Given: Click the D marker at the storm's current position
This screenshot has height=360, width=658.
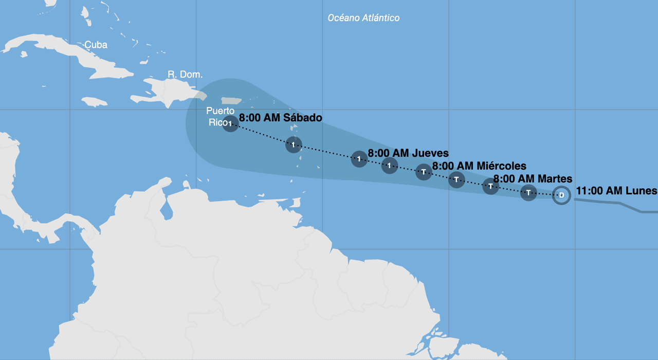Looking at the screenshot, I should point(561,195).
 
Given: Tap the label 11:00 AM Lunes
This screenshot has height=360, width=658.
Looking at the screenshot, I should point(616,191).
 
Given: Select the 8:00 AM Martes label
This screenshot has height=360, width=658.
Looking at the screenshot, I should point(533,179).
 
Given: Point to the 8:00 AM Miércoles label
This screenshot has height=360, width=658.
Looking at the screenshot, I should point(479,166).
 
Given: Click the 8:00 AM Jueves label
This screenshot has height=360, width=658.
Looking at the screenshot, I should point(408,153).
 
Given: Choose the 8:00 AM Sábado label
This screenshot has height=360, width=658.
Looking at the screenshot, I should point(281,118).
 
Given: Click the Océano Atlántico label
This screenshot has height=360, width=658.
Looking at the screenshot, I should point(363,18).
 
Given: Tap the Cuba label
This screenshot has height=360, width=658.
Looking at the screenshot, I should point(96,45).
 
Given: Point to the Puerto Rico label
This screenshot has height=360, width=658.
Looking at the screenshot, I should point(220,116).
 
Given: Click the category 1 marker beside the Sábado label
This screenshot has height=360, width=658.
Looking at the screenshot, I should point(230,123).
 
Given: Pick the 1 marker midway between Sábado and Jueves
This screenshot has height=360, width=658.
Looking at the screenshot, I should point(293,145).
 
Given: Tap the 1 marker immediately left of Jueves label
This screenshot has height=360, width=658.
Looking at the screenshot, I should point(359,159).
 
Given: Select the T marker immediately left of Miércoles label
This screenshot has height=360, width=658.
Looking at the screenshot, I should point(423,171).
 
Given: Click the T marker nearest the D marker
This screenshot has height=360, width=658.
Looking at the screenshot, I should point(528,193).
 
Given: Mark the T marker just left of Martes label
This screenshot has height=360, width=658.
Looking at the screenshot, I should point(491,186).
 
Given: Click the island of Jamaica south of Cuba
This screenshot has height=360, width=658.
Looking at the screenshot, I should point(94,102).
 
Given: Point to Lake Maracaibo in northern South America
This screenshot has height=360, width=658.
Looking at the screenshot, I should point(166,208).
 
